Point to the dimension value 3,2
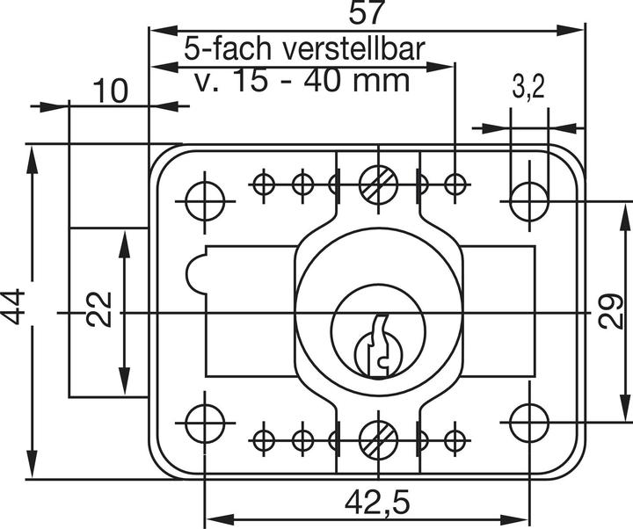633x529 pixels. coord(528,86)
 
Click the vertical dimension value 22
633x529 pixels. coord(101,310)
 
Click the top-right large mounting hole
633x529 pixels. coord(529,200)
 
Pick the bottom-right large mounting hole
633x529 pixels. coord(529,424)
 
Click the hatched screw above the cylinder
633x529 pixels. coord(379,184)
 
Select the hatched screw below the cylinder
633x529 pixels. coord(379,436)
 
